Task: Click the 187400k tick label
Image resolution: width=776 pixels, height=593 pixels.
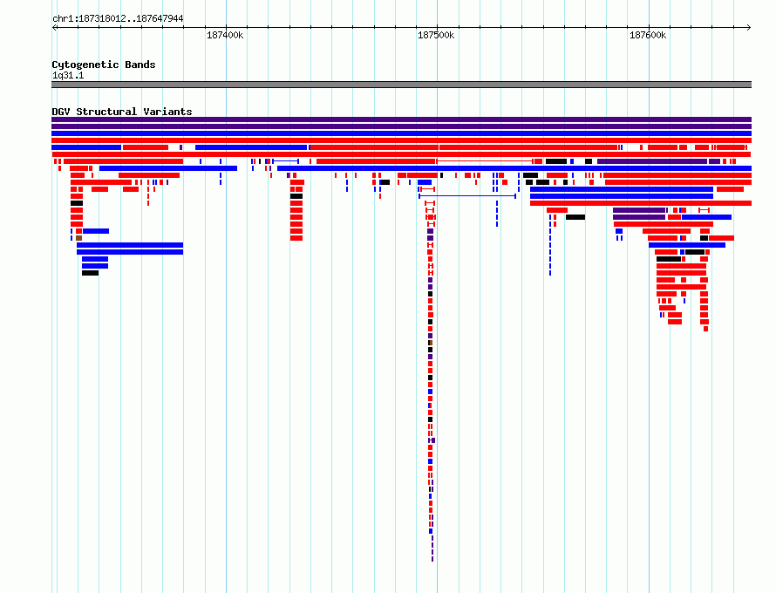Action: coord(225,35)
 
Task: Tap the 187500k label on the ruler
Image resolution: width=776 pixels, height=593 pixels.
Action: coord(436,35)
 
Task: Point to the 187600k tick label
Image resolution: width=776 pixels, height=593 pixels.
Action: coord(648,35)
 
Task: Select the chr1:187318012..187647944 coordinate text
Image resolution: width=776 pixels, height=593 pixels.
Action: coord(118,19)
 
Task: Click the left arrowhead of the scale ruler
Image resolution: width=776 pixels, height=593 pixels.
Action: coord(53,28)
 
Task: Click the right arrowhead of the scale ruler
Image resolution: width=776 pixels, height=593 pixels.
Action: coord(749,28)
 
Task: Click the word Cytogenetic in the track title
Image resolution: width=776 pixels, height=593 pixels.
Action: coord(85,65)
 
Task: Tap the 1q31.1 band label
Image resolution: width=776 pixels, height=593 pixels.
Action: coord(68,75)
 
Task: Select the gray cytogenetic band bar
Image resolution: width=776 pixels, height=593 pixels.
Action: coord(401,85)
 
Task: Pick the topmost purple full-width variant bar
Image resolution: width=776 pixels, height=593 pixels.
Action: coord(401,119)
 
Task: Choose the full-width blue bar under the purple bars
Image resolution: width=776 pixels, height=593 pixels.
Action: coord(401,133)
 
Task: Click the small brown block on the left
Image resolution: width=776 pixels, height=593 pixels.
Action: coord(78,238)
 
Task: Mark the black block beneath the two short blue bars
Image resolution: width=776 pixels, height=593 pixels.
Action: coord(90,273)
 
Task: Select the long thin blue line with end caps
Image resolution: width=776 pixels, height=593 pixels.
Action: coord(467,196)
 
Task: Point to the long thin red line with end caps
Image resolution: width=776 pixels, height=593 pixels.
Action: coord(485,161)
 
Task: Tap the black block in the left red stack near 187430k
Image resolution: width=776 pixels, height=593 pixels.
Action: coord(296,196)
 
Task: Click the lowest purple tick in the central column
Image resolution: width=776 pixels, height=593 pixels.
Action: coord(432,559)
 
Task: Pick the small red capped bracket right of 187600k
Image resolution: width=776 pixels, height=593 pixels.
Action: coord(704,210)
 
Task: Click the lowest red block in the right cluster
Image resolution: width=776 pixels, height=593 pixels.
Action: coord(705,329)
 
